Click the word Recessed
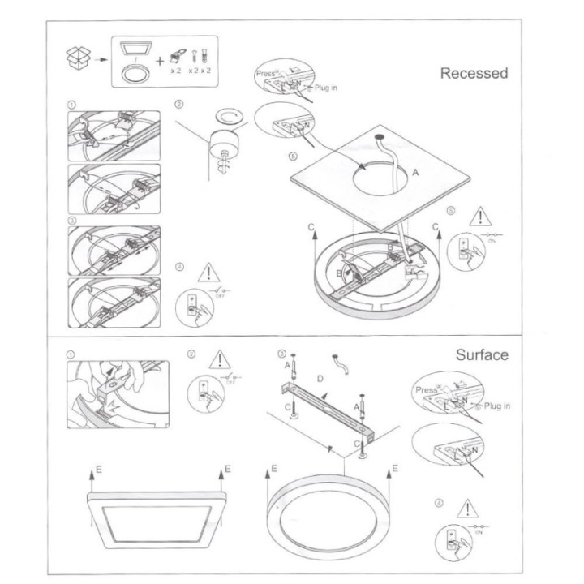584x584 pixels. pos(474,74)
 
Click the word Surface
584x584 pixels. pos(482,354)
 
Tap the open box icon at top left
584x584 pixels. pos(75,57)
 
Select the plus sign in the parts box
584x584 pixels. pos(159,59)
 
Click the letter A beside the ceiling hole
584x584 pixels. pos(416,173)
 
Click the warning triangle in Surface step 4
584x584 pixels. pos(465,509)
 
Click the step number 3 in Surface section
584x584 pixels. pos(281,354)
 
